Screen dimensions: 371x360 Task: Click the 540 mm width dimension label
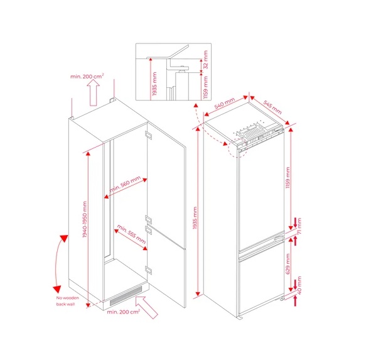point(224,103)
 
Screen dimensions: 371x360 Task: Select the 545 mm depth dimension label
point(272,107)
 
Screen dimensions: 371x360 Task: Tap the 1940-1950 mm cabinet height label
point(85,219)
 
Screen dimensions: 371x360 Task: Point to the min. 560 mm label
point(125,184)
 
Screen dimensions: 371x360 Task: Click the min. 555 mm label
point(131,234)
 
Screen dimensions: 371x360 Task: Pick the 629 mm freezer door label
point(288,264)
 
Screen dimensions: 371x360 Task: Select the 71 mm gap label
point(299,226)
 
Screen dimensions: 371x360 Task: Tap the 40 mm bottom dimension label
point(299,285)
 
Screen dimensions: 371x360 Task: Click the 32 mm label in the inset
point(206,60)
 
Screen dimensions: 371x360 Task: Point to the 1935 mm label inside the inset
point(154,84)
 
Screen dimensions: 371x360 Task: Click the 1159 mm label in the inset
point(206,87)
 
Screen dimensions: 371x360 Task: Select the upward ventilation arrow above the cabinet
point(94,92)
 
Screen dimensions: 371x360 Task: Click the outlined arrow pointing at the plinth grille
point(146,307)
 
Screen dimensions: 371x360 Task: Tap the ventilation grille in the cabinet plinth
point(126,296)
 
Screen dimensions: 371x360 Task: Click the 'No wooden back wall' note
point(67,301)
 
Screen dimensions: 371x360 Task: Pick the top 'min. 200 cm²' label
point(87,76)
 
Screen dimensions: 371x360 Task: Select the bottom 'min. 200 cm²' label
point(123,312)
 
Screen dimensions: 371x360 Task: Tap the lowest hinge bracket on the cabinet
point(149,270)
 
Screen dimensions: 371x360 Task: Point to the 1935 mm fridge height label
point(195,218)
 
